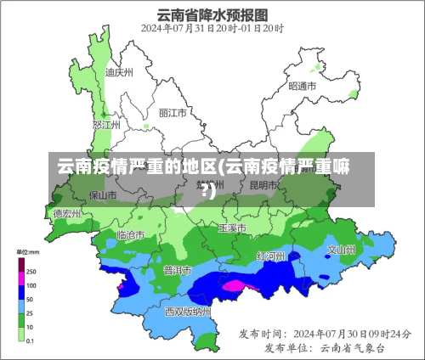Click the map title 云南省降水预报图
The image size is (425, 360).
pos(212,14)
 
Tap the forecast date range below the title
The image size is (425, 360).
pos(212,28)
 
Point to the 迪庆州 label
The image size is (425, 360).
pos(120,72)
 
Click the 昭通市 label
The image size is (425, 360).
pos(303,86)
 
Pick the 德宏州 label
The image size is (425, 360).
pos(67,214)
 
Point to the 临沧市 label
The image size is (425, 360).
pos(130,233)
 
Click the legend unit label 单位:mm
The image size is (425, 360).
pos(29,252)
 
